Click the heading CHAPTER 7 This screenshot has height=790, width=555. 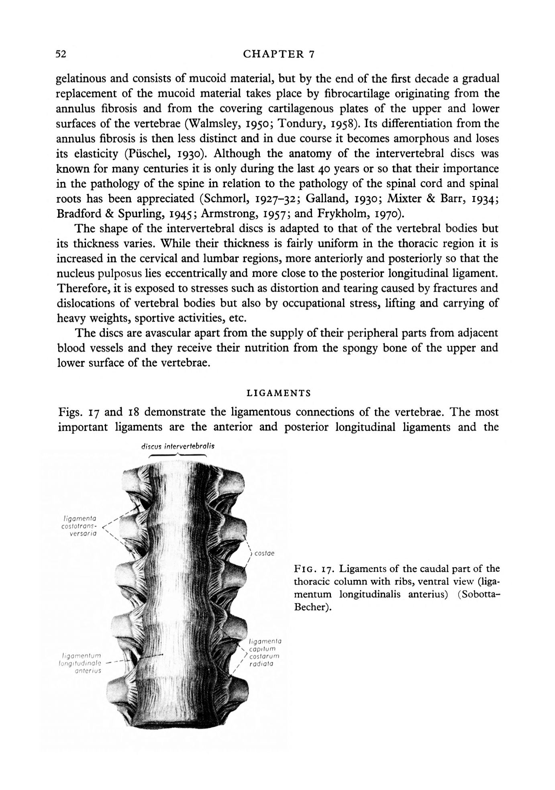click(x=278, y=54)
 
